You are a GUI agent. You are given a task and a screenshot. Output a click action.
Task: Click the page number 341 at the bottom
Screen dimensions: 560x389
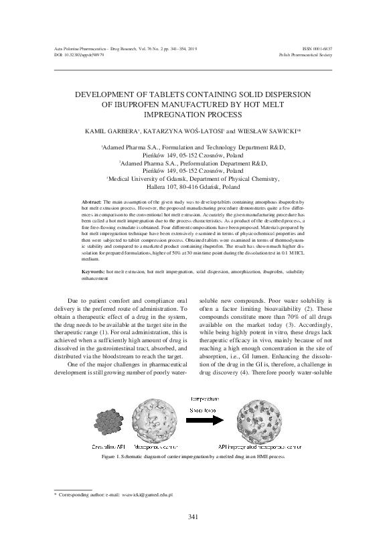click(x=194, y=535)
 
